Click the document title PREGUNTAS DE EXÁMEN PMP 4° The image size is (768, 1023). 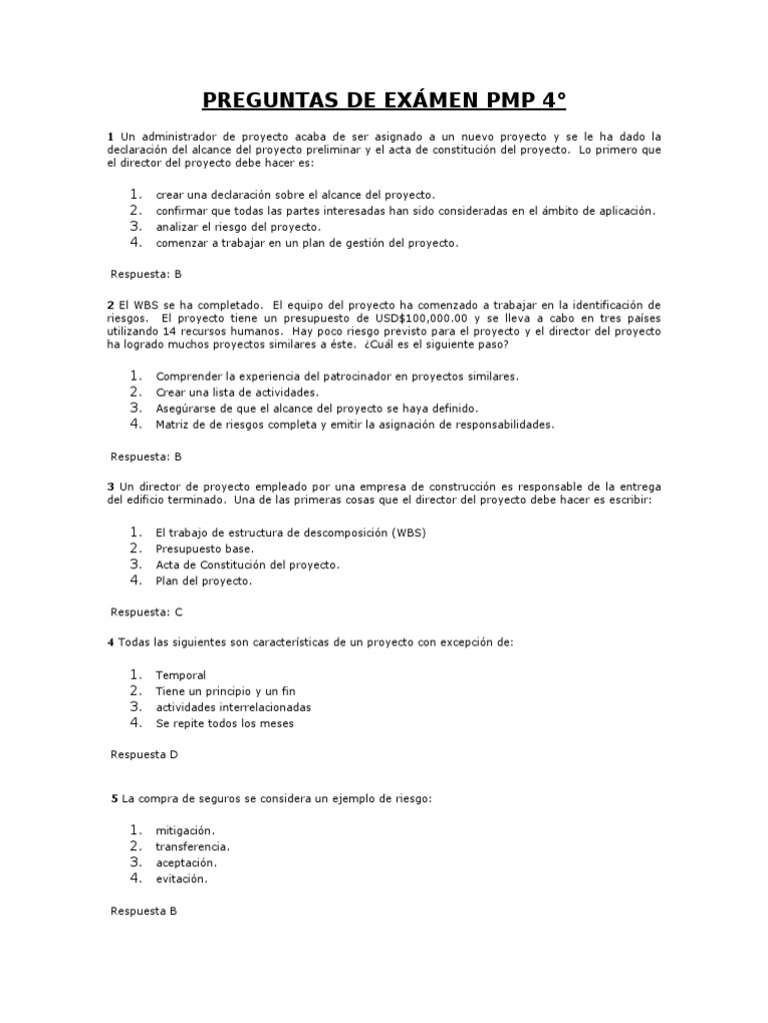[x=384, y=100]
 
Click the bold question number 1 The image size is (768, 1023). [x=110, y=136]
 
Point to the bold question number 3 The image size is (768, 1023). [x=110, y=486]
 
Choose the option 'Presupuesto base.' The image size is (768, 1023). [x=205, y=548]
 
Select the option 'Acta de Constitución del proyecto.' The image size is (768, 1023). [x=247, y=564]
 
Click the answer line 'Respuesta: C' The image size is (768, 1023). [x=145, y=611]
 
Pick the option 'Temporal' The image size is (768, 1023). [x=180, y=675]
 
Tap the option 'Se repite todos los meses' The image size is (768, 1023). [x=225, y=723]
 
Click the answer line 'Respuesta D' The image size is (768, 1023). [x=143, y=755]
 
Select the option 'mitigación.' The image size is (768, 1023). [x=185, y=830]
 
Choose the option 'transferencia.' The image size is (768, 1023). [x=193, y=846]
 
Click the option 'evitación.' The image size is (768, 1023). [x=181, y=878]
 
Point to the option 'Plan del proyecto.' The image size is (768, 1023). [x=204, y=580]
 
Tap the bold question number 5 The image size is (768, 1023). [x=115, y=798]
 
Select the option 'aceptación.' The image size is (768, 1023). [x=186, y=862]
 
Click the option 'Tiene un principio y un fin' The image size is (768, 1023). [x=225, y=691]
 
